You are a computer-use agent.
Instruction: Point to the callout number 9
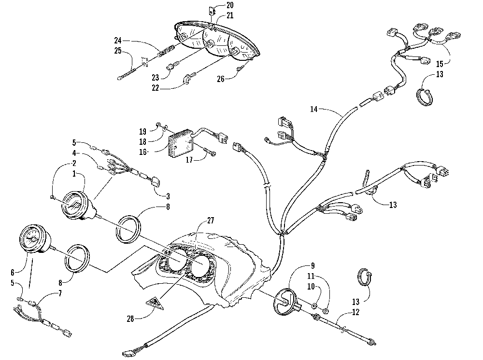pos(313,265)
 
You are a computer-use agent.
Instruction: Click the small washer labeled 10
pos(314,306)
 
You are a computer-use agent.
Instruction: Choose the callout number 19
pos(142,131)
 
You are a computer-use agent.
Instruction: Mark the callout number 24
pos(118,40)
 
